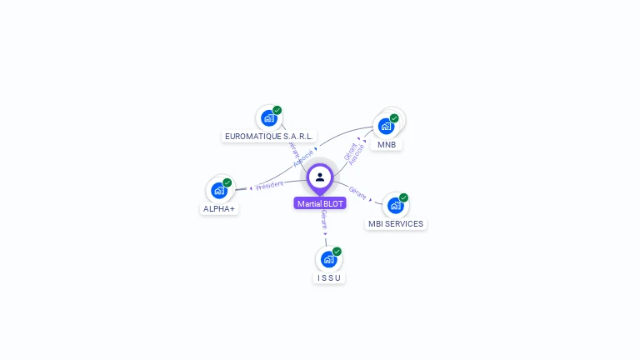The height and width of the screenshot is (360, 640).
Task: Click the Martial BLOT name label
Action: point(320,203)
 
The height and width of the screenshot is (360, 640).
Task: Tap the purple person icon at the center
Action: point(320,177)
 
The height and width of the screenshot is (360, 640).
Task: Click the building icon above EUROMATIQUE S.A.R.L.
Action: point(268,118)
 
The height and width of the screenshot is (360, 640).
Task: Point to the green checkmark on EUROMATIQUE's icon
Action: point(277,110)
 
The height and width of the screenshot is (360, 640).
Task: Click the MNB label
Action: point(387,144)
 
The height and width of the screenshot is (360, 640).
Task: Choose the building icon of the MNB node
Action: point(386,126)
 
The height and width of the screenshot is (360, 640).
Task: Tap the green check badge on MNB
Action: point(394,118)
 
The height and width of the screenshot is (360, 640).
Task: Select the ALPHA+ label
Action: point(219,209)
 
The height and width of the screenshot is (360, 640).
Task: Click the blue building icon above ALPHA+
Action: point(219,190)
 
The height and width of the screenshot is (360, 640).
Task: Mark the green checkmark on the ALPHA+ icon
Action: point(227,182)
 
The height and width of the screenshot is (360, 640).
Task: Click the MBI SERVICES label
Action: point(396,223)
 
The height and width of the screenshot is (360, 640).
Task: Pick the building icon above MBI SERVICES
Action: point(395,205)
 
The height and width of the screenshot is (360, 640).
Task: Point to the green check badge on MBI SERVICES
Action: point(403,197)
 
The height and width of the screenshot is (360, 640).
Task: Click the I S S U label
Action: point(329,277)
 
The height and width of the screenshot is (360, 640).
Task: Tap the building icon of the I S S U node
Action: point(328,259)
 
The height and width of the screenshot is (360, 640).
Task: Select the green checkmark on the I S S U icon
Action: point(337,251)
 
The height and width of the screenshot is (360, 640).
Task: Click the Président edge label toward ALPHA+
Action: point(269,185)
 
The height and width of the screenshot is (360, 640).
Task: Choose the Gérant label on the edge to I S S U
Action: point(323,220)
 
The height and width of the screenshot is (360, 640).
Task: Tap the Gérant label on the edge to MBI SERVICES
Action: point(357,192)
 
